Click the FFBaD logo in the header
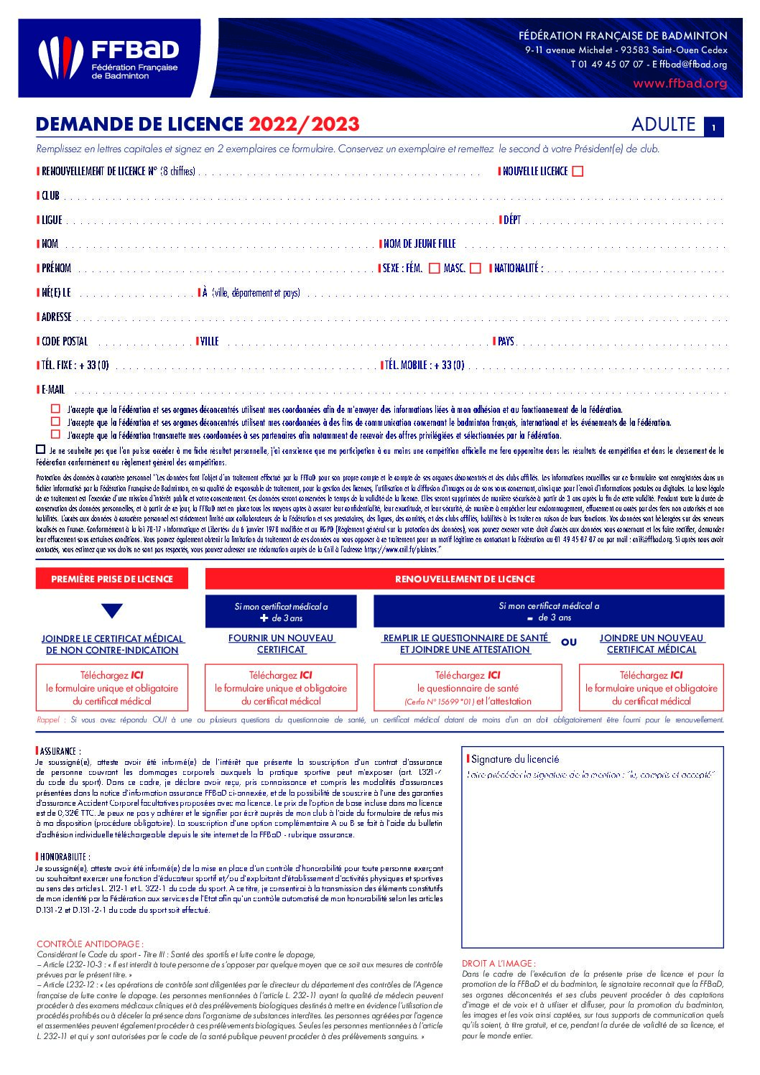click(x=108, y=58)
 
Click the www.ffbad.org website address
click(x=680, y=83)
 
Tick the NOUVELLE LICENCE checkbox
click(x=578, y=172)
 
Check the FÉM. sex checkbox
click(x=434, y=269)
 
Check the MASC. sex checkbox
click(x=475, y=269)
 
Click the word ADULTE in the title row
click(x=663, y=125)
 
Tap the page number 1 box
click(x=713, y=127)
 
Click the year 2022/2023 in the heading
click(x=304, y=125)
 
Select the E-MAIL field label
click(x=52, y=390)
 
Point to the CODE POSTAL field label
click(x=64, y=342)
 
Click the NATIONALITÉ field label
click(x=518, y=269)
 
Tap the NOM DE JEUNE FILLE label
click(x=420, y=244)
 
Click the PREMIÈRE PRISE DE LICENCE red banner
click(x=112, y=579)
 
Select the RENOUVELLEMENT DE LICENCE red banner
click(x=465, y=579)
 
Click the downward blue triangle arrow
click(x=112, y=611)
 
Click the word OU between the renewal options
click(x=569, y=643)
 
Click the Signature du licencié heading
click(x=514, y=759)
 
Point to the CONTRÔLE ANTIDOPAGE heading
click(x=89, y=944)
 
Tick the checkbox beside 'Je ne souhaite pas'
click(x=40, y=450)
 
